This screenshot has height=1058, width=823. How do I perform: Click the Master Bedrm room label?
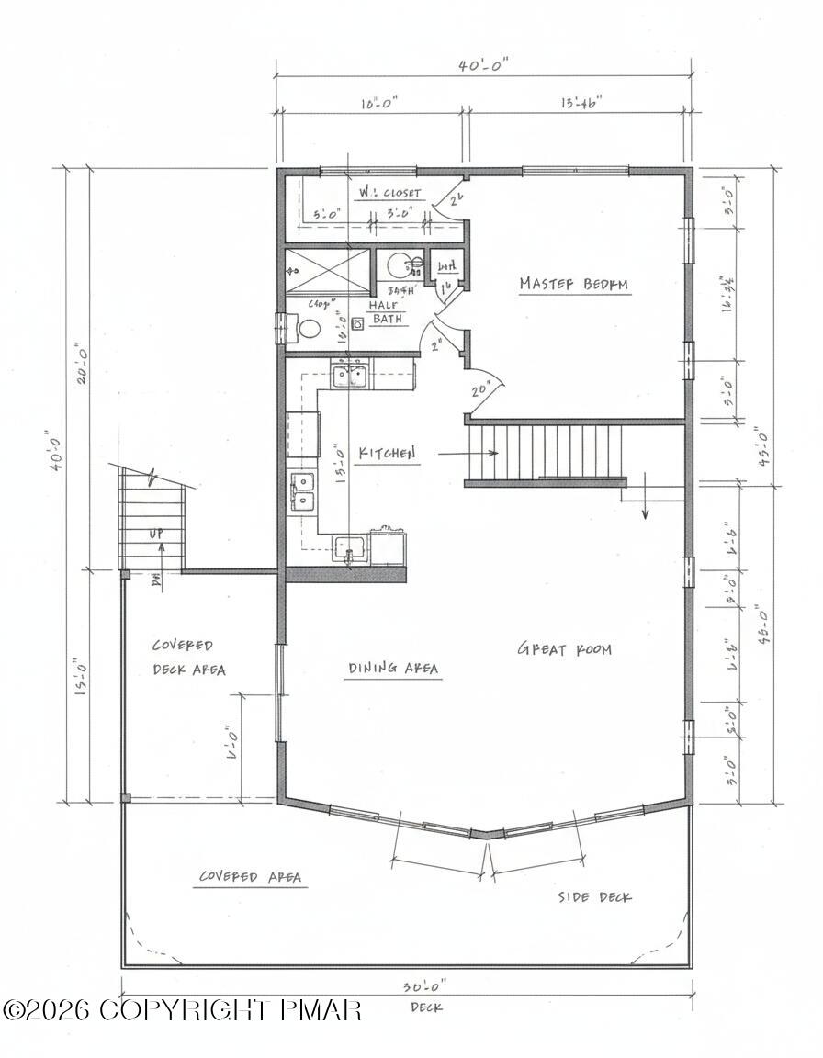[x=574, y=284]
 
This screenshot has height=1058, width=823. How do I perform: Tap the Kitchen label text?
[x=387, y=453]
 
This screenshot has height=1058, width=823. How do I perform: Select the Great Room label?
[x=564, y=649]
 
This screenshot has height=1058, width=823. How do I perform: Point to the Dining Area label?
[x=393, y=668]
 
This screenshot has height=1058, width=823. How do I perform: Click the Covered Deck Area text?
[x=188, y=658]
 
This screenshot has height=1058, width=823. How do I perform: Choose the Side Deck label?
[x=594, y=896]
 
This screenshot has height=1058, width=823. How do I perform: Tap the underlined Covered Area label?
[x=251, y=877]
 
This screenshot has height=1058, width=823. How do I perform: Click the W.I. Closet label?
[x=389, y=193]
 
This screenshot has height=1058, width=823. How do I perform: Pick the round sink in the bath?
[x=401, y=266]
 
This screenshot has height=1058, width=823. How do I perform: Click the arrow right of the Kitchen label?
[x=468, y=453]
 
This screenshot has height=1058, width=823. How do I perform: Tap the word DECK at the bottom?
[x=425, y=1007]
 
